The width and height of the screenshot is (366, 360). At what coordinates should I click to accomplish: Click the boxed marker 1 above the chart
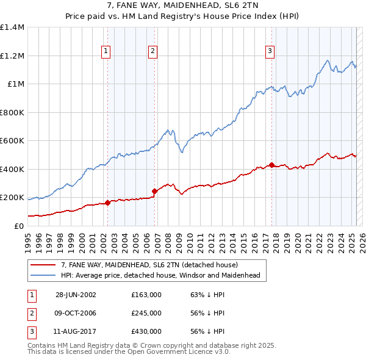pyautogui.click(x=107, y=52)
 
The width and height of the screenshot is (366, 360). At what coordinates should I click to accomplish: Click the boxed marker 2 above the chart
pyautogui.click(x=152, y=52)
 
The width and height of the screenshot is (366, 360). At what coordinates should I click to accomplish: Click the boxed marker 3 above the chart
pyautogui.click(x=270, y=52)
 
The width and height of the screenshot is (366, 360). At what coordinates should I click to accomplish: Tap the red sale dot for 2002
pyautogui.click(x=107, y=203)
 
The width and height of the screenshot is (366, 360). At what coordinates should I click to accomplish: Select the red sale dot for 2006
pyautogui.click(x=154, y=191)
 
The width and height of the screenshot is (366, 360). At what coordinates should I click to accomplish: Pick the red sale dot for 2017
pyautogui.click(x=271, y=165)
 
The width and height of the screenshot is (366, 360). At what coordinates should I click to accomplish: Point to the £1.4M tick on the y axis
pyautogui.click(x=12, y=27)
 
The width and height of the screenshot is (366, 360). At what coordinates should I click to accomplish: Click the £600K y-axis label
pyautogui.click(x=12, y=141)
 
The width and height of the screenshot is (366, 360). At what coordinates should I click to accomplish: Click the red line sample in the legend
pyautogui.click(x=43, y=265)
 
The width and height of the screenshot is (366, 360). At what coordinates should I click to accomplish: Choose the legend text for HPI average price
pyautogui.click(x=160, y=275)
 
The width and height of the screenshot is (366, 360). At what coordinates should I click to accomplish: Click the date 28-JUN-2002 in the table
pyautogui.click(x=76, y=294)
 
